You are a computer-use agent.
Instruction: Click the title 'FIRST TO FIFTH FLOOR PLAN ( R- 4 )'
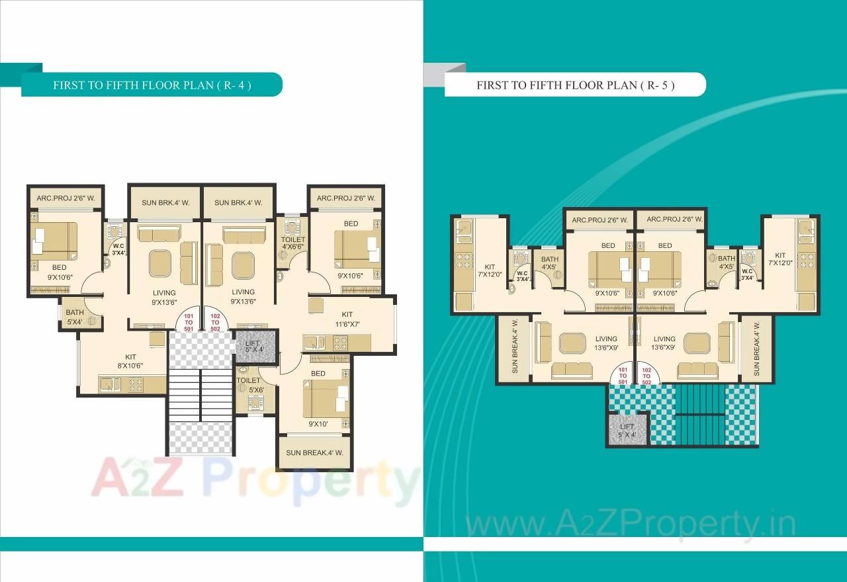(x=152, y=85)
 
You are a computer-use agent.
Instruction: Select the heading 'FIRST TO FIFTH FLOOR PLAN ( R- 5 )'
(x=575, y=85)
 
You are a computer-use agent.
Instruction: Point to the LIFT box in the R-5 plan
(x=626, y=431)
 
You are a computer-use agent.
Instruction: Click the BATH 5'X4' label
(x=75, y=317)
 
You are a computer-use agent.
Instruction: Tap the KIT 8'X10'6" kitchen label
(x=130, y=361)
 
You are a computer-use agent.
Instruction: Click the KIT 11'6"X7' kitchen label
(x=347, y=319)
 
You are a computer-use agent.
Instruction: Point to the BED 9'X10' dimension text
(x=318, y=424)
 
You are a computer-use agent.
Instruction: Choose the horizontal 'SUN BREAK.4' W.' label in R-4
(x=314, y=453)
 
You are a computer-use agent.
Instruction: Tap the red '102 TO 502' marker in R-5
(x=646, y=376)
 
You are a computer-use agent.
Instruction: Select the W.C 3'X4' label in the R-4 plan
(x=118, y=249)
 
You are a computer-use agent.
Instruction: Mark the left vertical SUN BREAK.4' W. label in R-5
(x=515, y=347)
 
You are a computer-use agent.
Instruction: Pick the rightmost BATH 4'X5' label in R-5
(x=727, y=263)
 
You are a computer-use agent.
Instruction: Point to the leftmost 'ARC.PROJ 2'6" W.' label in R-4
(x=66, y=198)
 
